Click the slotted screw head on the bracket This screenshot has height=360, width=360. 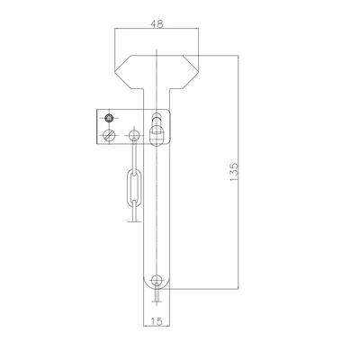tap(110, 136)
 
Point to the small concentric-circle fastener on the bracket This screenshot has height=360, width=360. tap(109, 118)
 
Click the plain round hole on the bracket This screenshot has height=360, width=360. tap(134, 136)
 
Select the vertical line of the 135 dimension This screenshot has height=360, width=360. tap(238, 171)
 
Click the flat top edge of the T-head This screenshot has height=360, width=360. tap(157, 52)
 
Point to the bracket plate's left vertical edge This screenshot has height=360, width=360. tap(97, 127)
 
